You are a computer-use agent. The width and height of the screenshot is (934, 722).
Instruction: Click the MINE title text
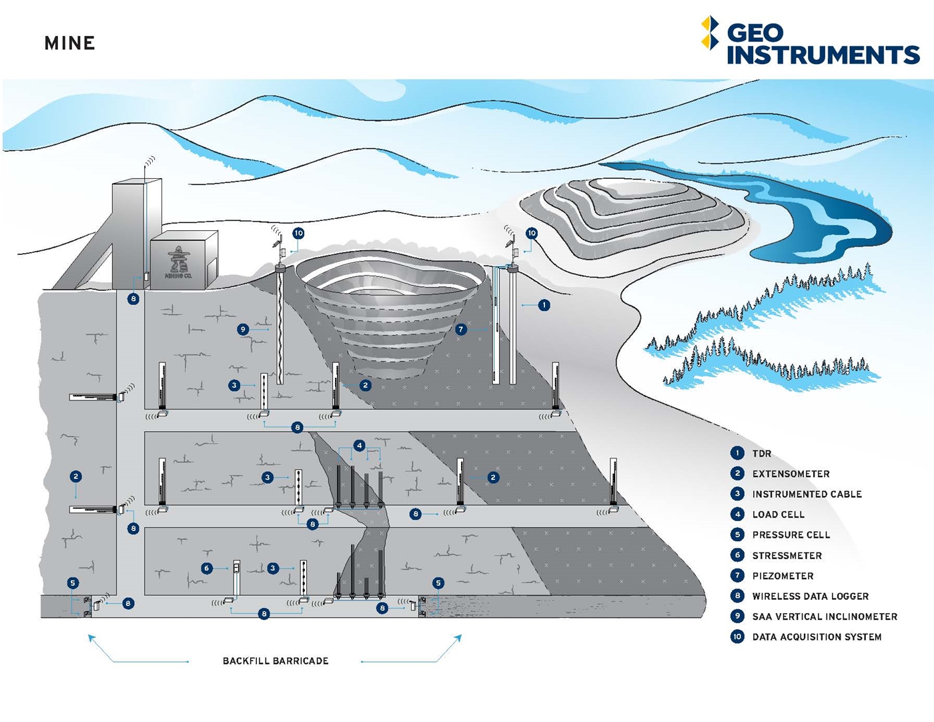tap(69, 43)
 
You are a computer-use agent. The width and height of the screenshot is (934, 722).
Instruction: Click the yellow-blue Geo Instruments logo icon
tap(710, 33)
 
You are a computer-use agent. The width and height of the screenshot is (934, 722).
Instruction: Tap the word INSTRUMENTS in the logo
tap(823, 55)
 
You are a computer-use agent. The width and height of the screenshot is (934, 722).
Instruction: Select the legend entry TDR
tap(761, 454)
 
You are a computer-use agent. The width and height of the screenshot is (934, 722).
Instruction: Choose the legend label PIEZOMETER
tap(783, 576)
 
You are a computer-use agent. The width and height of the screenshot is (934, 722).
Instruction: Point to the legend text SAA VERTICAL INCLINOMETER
tap(825, 617)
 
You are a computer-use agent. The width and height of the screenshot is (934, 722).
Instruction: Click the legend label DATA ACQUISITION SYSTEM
tap(817, 637)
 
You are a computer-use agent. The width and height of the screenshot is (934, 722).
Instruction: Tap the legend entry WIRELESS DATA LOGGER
tap(810, 597)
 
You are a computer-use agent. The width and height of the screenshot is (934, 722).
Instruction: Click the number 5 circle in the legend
tap(737, 534)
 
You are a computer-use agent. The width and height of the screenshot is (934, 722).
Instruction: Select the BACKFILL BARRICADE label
tap(276, 661)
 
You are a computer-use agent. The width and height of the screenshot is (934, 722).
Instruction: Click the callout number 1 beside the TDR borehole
tap(544, 305)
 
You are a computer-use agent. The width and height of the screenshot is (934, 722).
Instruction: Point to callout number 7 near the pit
tap(460, 329)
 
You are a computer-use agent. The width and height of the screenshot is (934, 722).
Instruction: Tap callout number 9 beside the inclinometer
tap(243, 329)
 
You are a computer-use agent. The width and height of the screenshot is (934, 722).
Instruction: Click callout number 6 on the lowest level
tap(207, 568)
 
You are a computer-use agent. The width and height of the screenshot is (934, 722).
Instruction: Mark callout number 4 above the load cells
tap(360, 445)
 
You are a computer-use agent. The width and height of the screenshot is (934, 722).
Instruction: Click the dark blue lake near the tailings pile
tap(821, 220)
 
